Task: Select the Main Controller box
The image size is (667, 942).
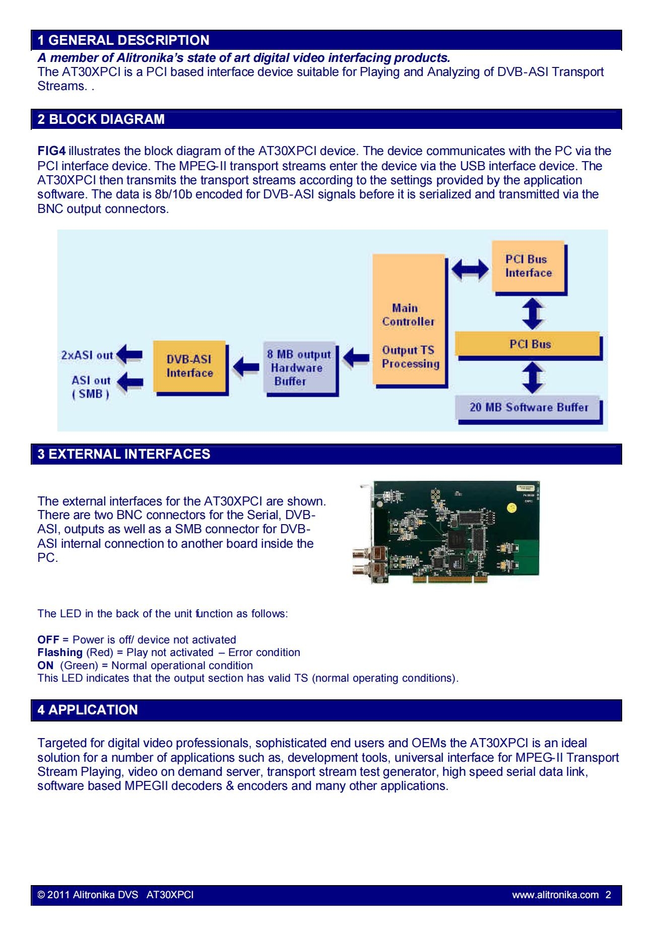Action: tap(409, 320)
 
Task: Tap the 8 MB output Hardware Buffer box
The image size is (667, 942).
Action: tap(300, 368)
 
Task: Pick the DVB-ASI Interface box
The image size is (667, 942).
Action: tap(190, 367)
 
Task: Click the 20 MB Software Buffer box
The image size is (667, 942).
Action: tap(528, 408)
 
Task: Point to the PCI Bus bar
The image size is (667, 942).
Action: tap(528, 345)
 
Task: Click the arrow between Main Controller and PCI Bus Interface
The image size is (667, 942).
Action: tap(470, 269)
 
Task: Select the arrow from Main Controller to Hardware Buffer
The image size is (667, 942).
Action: tap(356, 358)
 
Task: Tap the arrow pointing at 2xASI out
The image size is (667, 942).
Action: tap(129, 355)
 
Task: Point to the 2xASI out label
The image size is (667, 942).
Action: tap(87, 355)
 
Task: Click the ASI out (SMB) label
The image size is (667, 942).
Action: tap(91, 387)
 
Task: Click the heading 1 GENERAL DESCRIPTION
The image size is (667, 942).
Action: tap(123, 40)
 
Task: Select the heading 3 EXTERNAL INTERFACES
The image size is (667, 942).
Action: tap(124, 454)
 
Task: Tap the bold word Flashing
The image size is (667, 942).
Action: tap(60, 653)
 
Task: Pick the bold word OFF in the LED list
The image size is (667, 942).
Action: tap(48, 640)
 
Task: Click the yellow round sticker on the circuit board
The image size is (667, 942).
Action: tap(512, 508)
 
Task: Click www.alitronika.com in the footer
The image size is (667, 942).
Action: tap(556, 895)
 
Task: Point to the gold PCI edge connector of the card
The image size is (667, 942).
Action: tap(450, 579)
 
